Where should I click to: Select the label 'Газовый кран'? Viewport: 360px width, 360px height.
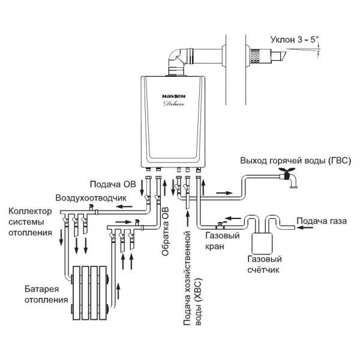pos(219,242)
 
